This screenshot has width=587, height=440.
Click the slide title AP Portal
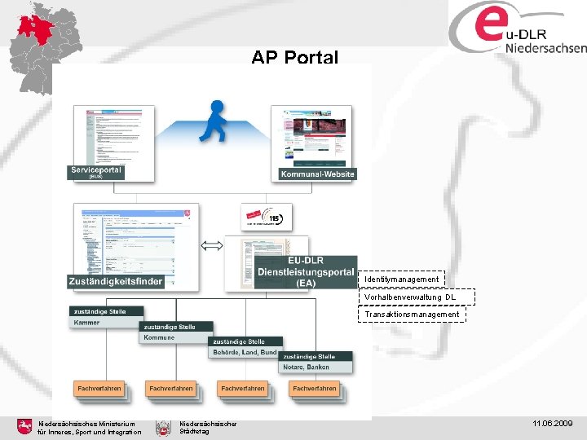coord(294,58)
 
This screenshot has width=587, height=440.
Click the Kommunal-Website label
coord(317,174)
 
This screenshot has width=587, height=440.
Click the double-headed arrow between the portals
coord(212,245)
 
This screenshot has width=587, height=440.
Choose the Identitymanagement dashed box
coord(402,279)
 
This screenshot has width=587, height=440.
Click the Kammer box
coord(106,323)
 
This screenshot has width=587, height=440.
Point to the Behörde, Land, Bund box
coord(245,352)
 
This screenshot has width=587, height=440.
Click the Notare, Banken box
coord(317,367)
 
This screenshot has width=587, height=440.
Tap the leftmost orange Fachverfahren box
coord(99,389)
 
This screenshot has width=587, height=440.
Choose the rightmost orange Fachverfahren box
coord(314,389)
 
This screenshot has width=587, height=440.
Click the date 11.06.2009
coord(553,425)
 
